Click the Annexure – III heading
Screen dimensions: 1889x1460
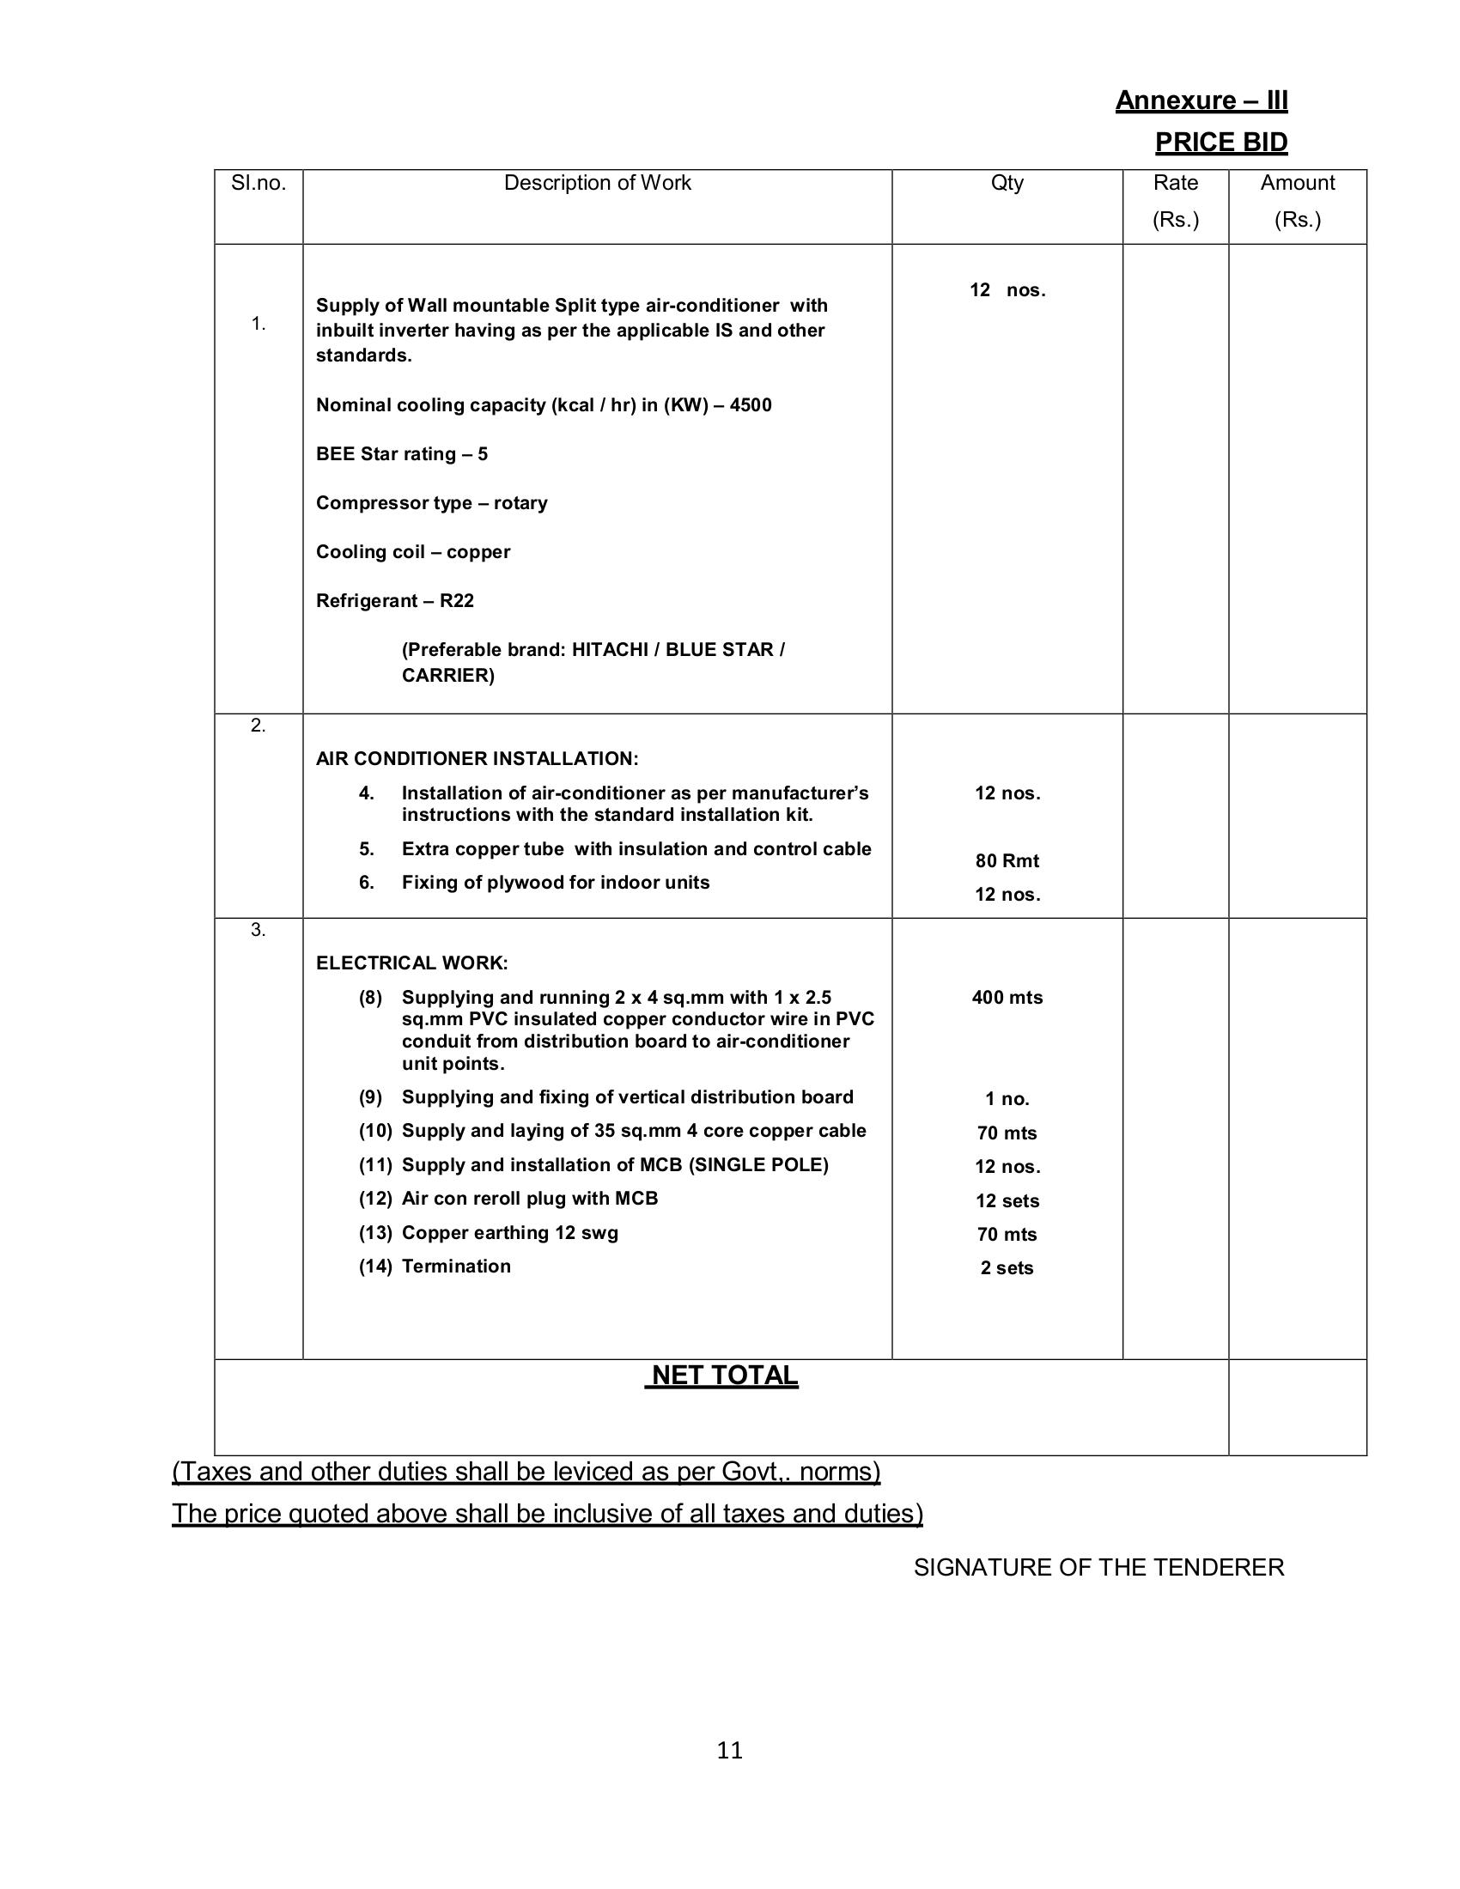point(1201,101)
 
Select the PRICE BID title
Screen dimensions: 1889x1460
point(1220,143)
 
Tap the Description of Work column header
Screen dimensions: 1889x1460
point(597,184)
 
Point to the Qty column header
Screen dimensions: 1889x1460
point(1007,184)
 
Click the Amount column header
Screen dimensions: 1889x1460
point(1297,184)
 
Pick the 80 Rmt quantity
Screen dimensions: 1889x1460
point(1007,860)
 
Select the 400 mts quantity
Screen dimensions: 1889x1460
point(1007,997)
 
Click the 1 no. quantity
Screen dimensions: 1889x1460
point(1007,1099)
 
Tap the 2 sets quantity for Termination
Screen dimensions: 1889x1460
point(1007,1268)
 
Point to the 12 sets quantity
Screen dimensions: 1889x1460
point(1007,1200)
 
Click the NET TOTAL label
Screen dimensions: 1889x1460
point(723,1376)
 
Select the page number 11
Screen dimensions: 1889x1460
point(729,1751)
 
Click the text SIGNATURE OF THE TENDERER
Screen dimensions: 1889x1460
point(1098,1567)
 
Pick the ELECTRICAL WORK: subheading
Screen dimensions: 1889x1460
point(411,963)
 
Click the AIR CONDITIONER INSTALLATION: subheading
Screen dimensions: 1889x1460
point(477,759)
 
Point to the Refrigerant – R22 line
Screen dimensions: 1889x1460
point(394,601)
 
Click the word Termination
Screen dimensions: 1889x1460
point(456,1266)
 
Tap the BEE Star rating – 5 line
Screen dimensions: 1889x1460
point(401,454)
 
